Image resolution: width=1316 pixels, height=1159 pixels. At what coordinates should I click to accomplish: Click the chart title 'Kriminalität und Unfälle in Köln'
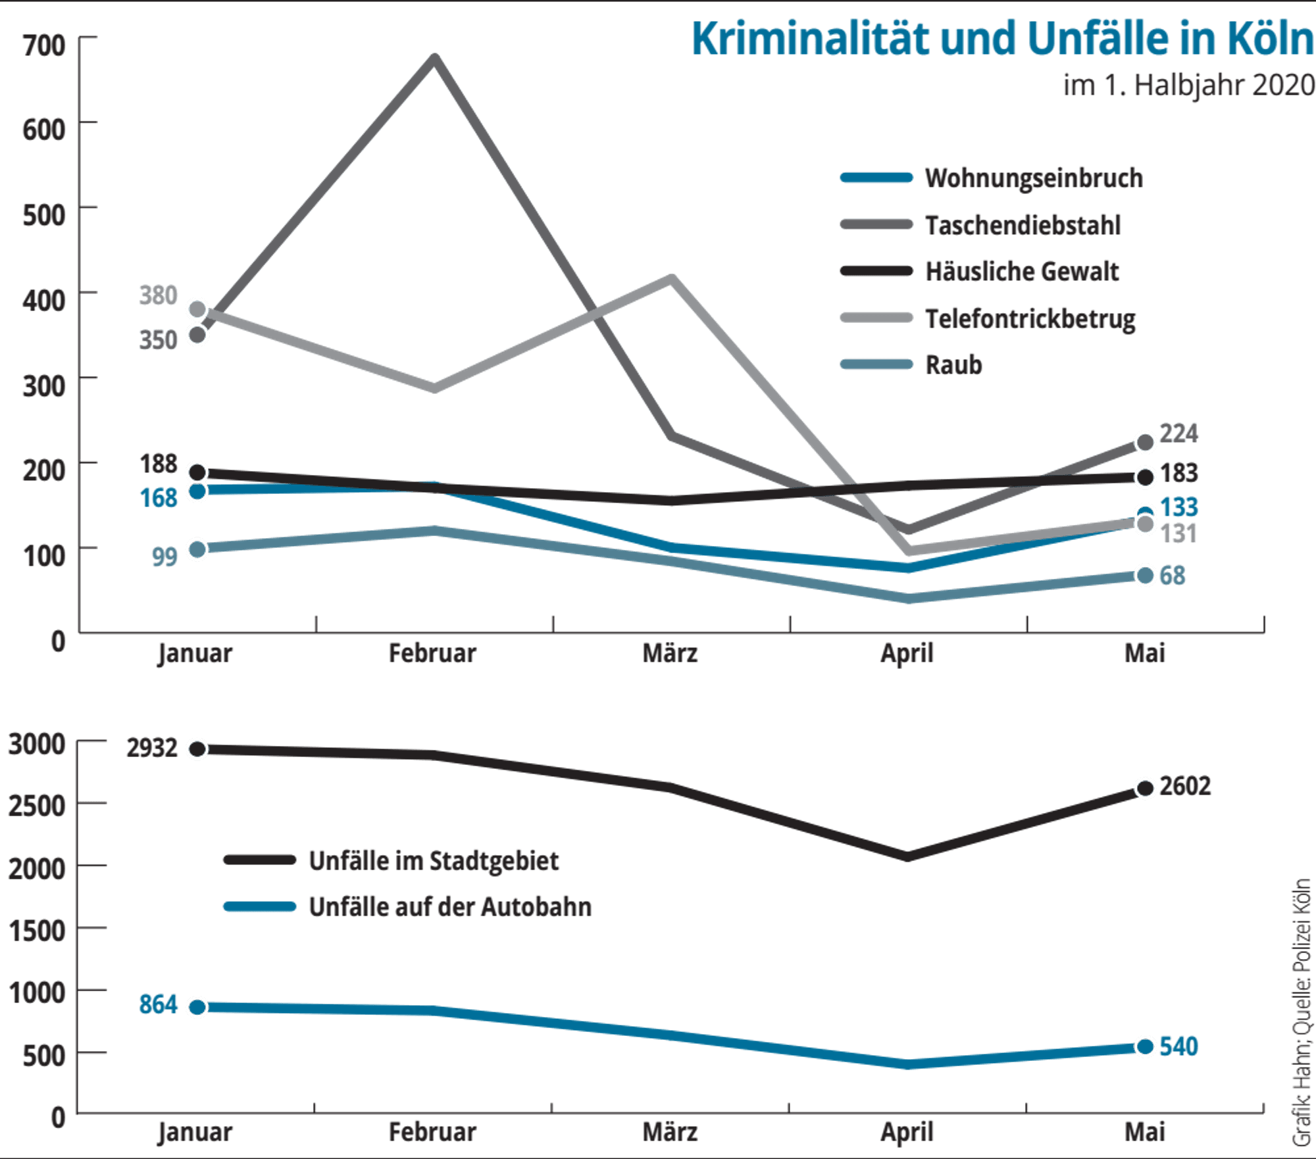tap(1003, 39)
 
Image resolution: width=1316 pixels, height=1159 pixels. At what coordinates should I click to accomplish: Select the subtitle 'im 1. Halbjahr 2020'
tap(1189, 86)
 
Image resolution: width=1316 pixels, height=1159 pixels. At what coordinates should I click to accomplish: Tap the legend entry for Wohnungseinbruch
tap(992, 178)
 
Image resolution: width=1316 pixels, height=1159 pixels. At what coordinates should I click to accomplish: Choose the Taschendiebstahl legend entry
tap(980, 225)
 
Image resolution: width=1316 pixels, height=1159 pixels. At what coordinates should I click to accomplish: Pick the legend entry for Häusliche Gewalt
tap(980, 271)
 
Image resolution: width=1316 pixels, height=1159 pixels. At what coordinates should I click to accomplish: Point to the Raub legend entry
tap(911, 364)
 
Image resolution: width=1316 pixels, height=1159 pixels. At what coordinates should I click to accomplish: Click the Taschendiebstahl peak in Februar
tap(434, 59)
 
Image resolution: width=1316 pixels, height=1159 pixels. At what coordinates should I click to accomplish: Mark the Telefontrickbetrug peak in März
tap(671, 278)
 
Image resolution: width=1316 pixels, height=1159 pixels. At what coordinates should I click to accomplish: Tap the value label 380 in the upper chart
tap(159, 295)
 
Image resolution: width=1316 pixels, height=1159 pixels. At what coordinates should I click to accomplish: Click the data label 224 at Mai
tap(1178, 433)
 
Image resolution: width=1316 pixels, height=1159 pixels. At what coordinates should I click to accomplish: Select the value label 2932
tap(152, 748)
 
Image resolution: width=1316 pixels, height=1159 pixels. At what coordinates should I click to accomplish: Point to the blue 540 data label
tap(1178, 1047)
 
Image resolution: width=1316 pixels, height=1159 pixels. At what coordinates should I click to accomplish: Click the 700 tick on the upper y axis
tap(44, 45)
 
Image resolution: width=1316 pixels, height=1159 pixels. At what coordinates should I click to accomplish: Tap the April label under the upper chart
tap(907, 654)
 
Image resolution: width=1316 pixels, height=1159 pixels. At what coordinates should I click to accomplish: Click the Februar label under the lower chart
tap(432, 1132)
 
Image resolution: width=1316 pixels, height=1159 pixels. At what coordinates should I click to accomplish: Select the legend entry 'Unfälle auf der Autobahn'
tap(408, 906)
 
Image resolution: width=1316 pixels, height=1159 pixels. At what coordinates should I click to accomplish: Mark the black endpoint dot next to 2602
tap(1145, 788)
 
